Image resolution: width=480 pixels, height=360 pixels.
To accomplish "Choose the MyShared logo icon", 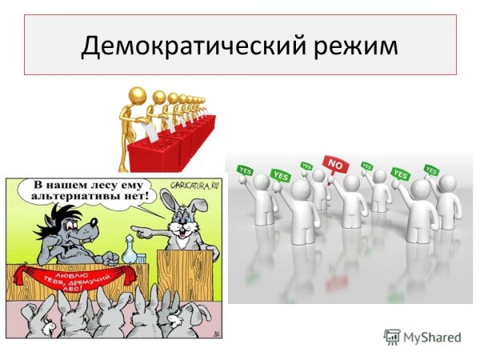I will pos(392,337).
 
